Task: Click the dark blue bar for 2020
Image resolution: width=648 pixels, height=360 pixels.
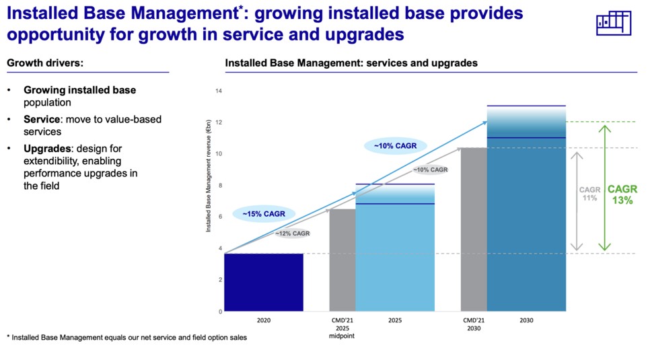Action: tap(263, 282)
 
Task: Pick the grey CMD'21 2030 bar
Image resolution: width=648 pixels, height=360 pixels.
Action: tap(474, 229)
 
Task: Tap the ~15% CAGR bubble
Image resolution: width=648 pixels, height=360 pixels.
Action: tap(259, 214)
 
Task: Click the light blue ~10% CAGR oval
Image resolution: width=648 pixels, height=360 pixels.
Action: tap(391, 145)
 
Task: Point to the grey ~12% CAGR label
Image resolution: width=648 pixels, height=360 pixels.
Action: tap(292, 233)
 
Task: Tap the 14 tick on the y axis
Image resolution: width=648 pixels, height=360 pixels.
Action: tap(218, 91)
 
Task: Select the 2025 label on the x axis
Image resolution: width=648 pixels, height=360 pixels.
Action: tap(395, 321)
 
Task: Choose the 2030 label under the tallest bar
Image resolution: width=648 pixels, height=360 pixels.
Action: tap(526, 321)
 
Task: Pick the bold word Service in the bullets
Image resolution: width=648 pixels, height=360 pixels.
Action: tap(41, 119)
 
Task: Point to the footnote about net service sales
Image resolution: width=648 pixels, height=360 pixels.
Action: tap(127, 337)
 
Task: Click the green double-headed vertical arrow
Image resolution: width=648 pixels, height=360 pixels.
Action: tap(605, 188)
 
